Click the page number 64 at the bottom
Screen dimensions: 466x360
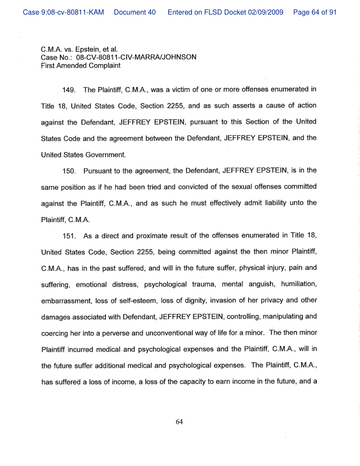click(x=179, y=422)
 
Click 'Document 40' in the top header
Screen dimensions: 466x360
click(x=135, y=12)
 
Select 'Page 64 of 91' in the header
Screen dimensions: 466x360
click(x=315, y=12)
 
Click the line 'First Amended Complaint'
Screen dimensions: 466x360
click(x=81, y=65)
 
